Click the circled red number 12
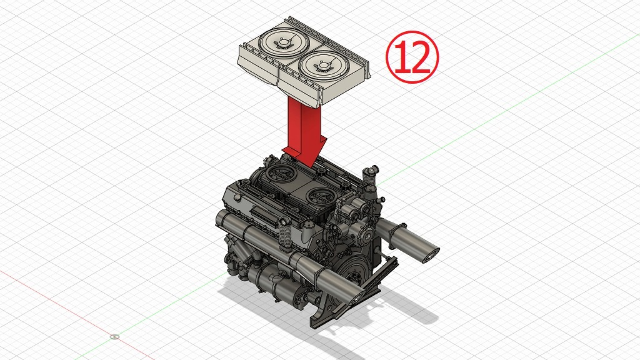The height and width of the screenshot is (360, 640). tap(412, 56)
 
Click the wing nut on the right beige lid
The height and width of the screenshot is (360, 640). tap(323, 64)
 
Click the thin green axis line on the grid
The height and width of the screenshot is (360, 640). tap(500, 113)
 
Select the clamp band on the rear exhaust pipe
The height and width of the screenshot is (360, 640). tap(394, 236)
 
